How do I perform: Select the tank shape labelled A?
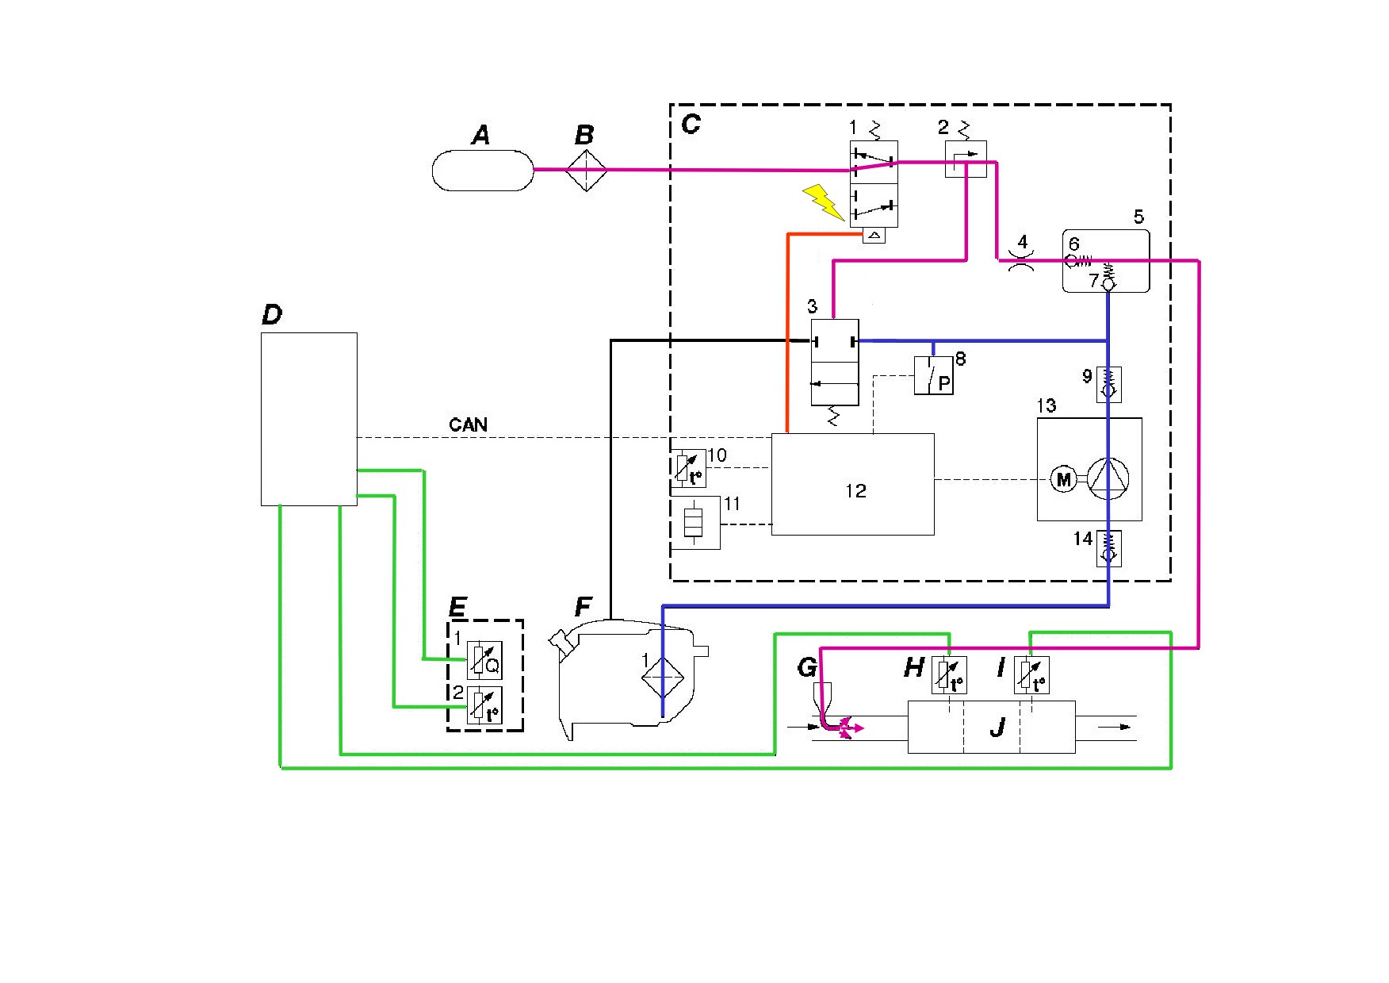click(x=483, y=170)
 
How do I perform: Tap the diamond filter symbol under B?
click(x=586, y=170)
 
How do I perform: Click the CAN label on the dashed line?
click(x=468, y=424)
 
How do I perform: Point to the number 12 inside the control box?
click(x=855, y=491)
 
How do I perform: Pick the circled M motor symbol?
click(x=1063, y=479)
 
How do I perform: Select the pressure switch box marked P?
click(x=934, y=375)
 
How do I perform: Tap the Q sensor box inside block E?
click(x=484, y=659)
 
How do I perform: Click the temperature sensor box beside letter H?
click(x=949, y=676)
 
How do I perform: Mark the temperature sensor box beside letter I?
click(x=1031, y=676)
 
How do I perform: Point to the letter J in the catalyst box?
click(x=997, y=726)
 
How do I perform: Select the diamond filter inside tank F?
click(x=662, y=675)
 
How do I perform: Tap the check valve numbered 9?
click(x=1108, y=385)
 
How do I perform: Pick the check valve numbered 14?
click(x=1108, y=547)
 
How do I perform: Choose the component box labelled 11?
click(x=695, y=523)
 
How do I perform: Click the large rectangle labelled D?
click(x=309, y=419)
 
